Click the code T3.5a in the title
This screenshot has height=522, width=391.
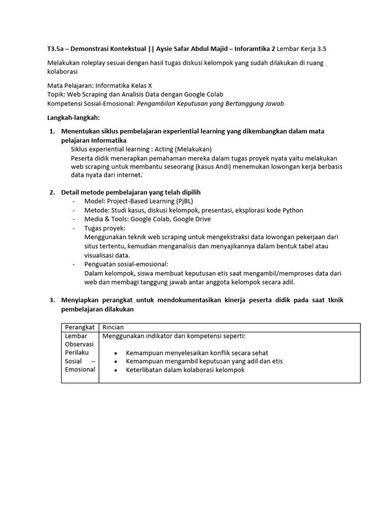pos(55,49)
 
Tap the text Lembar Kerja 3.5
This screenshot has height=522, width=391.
pos(301,49)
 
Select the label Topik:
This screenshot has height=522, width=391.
pos(57,94)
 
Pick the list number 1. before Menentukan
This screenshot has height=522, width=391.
pos(52,132)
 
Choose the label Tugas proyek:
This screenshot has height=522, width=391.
pos(105,228)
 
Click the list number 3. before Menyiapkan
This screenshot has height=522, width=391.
pos(52,300)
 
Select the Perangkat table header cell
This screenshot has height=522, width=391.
pos(80,327)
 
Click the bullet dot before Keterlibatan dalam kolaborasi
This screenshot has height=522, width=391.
pos(116,370)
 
